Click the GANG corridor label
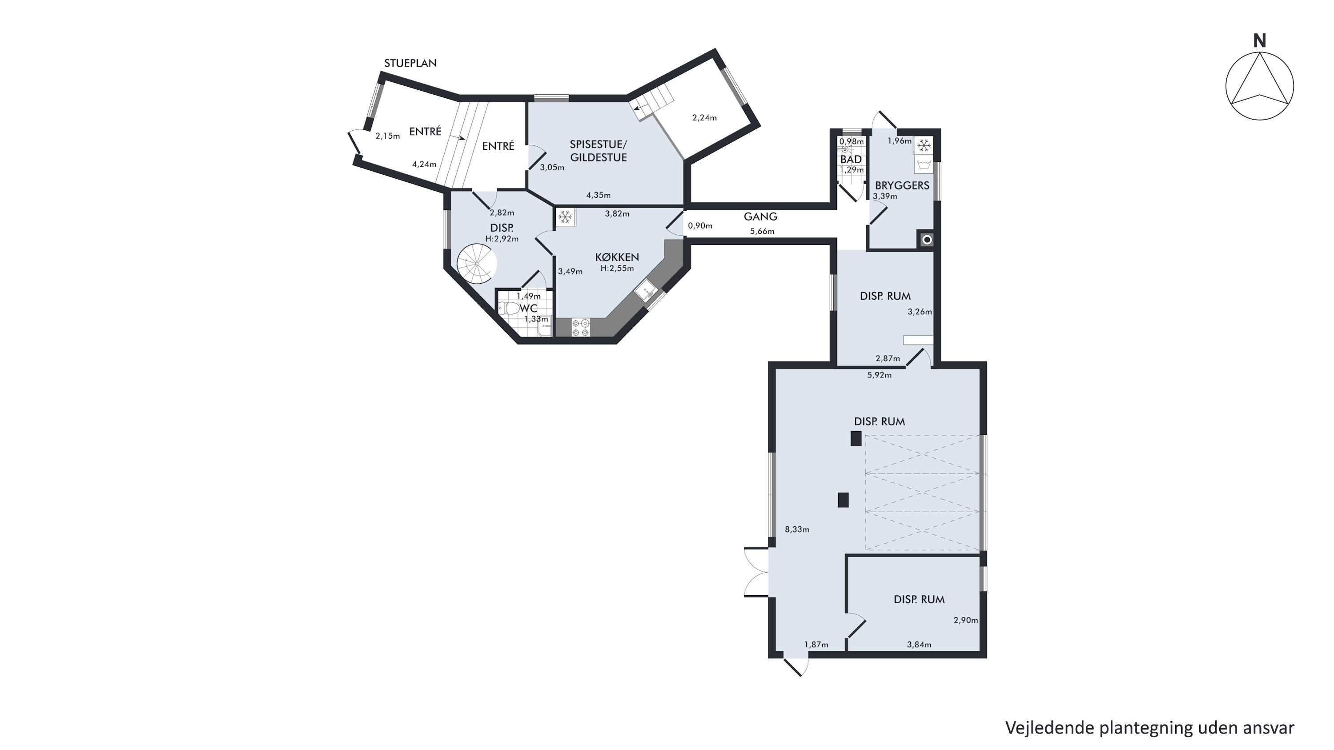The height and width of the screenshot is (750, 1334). click(760, 217)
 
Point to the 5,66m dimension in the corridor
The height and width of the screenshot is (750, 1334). click(762, 231)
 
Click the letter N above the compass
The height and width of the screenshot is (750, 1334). click(1259, 41)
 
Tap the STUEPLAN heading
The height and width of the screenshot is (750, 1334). click(410, 63)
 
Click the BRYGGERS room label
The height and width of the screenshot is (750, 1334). click(902, 185)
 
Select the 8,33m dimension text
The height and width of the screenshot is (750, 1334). click(797, 529)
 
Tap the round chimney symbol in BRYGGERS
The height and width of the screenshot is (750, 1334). click(926, 240)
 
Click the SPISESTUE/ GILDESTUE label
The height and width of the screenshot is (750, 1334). click(599, 151)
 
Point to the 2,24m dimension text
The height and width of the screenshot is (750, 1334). click(704, 118)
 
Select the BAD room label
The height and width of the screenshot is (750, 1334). click(851, 160)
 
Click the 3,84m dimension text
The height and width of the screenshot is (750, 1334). click(919, 644)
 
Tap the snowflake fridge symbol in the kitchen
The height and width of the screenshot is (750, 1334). click(565, 217)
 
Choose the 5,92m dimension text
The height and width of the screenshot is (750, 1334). click(879, 375)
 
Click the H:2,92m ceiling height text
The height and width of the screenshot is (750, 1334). click(502, 239)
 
